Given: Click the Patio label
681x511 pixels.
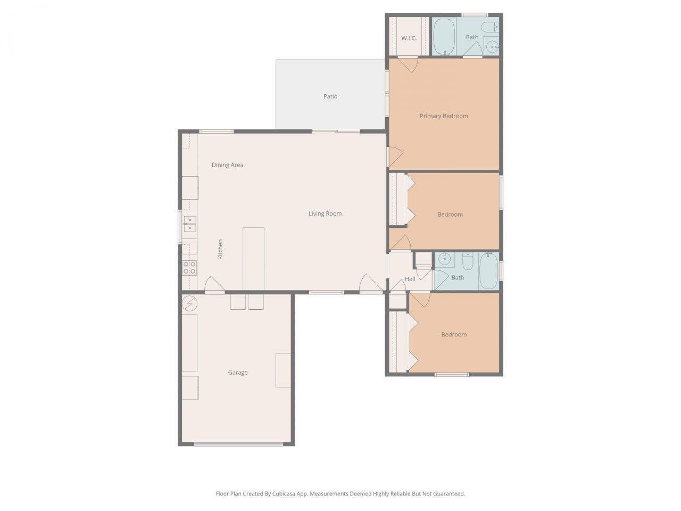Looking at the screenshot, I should pos(330,96).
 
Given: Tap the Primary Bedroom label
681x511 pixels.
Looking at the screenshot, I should pos(444,116).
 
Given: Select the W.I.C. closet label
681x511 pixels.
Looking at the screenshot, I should pos(409,38).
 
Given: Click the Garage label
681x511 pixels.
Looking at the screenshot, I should pos(238,373).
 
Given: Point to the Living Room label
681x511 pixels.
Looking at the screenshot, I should pos(325,213).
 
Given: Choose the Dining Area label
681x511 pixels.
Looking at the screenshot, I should pos(227,165).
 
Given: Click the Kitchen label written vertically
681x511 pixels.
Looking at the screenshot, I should pos(220,249).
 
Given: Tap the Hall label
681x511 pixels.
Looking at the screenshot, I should pos(410,279).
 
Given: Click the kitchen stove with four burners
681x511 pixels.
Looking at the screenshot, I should pos(189,267).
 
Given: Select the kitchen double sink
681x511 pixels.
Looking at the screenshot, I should pos(190,224).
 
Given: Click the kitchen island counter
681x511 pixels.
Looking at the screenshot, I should pos(253,259).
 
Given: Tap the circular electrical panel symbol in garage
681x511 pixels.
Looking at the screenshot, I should pos(190,304).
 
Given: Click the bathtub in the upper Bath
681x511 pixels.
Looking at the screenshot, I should pos(443,37).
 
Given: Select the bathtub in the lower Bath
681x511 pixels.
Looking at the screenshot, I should pos(488,271).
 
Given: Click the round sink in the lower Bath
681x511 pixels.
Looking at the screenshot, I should pos(444,260).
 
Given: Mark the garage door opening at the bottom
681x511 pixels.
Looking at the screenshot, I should pos(238,443).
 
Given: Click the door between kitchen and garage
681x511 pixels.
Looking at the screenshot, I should pos(214,291).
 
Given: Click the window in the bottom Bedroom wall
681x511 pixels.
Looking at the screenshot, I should pos(452,374).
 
